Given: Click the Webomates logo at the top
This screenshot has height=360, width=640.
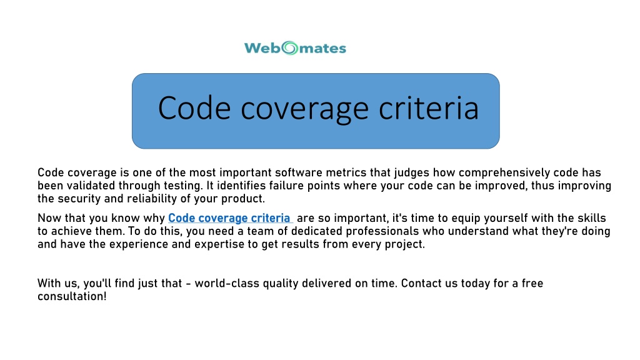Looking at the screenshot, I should click(x=294, y=47).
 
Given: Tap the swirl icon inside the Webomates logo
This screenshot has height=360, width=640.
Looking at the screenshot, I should click(x=291, y=48).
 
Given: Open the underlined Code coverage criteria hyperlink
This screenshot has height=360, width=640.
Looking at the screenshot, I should click(x=229, y=218).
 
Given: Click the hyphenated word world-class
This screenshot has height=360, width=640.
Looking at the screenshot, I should click(x=227, y=283).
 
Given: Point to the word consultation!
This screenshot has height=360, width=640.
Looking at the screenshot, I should click(x=72, y=296).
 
